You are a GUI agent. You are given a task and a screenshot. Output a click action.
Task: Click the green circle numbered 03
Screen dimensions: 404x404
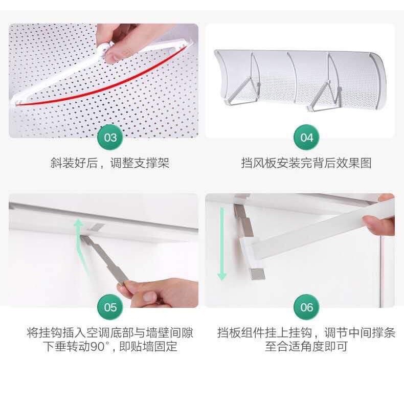click(110, 138)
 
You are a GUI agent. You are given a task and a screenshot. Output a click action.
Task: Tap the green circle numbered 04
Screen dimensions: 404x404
click(306, 138)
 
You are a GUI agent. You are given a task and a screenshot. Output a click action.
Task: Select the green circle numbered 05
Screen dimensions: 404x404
click(110, 307)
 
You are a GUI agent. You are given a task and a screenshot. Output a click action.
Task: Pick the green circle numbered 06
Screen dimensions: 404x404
click(306, 307)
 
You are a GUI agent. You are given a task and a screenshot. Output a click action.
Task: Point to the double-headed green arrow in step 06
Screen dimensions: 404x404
click(221, 243)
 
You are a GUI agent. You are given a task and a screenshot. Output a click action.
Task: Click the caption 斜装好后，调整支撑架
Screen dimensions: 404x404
click(110, 163)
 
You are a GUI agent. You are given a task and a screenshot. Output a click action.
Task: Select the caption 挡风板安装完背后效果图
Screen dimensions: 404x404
click(306, 163)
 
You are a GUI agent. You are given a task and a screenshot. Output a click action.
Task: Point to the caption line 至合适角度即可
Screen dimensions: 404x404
click(306, 347)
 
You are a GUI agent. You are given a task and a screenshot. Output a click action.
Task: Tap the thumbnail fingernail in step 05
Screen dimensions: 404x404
click(149, 297)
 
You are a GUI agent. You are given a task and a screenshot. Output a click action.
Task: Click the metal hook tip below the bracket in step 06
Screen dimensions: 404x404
click(257, 274)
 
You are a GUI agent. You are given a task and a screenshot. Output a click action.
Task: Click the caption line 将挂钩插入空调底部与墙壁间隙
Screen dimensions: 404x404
click(110, 332)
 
